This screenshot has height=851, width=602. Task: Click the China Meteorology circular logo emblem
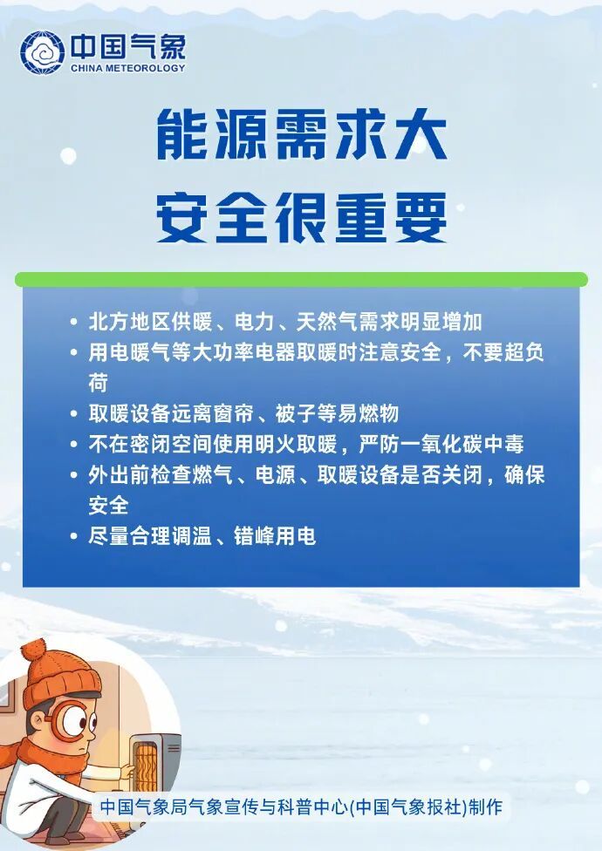42,52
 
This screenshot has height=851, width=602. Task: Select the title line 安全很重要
301,218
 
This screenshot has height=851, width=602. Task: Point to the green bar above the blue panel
301,279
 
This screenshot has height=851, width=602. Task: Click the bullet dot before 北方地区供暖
74,323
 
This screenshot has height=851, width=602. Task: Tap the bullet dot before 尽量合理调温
74,536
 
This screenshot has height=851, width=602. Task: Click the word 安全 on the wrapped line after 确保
108,505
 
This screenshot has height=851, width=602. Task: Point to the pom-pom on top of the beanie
33,650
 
